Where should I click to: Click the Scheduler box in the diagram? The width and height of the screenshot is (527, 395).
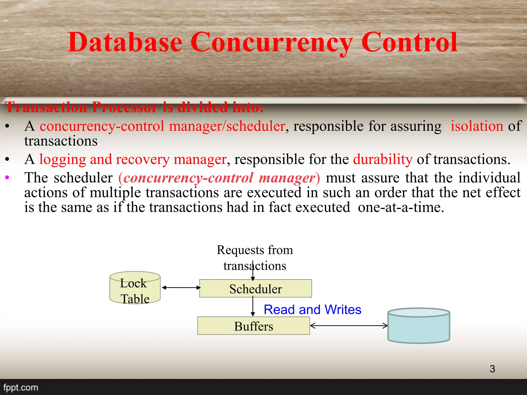256,289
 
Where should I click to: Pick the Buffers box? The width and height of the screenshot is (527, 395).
253,326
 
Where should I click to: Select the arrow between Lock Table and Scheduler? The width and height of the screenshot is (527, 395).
181,288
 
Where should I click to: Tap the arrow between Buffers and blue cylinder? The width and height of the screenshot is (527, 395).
349,326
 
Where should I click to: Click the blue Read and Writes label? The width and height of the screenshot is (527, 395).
312,309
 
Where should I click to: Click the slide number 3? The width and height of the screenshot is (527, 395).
492,369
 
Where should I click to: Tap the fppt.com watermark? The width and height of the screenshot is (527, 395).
21,387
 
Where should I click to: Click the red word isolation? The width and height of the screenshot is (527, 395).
477,126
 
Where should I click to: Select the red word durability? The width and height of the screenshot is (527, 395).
383,159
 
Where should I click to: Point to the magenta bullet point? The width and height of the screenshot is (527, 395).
7,177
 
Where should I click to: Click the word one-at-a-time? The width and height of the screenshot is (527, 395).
401,207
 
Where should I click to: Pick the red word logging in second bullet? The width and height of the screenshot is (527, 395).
63,159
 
